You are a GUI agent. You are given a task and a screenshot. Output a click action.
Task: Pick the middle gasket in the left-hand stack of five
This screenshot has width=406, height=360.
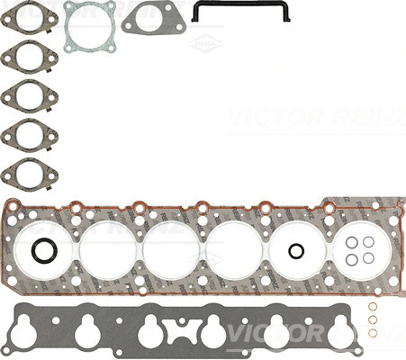29,97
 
